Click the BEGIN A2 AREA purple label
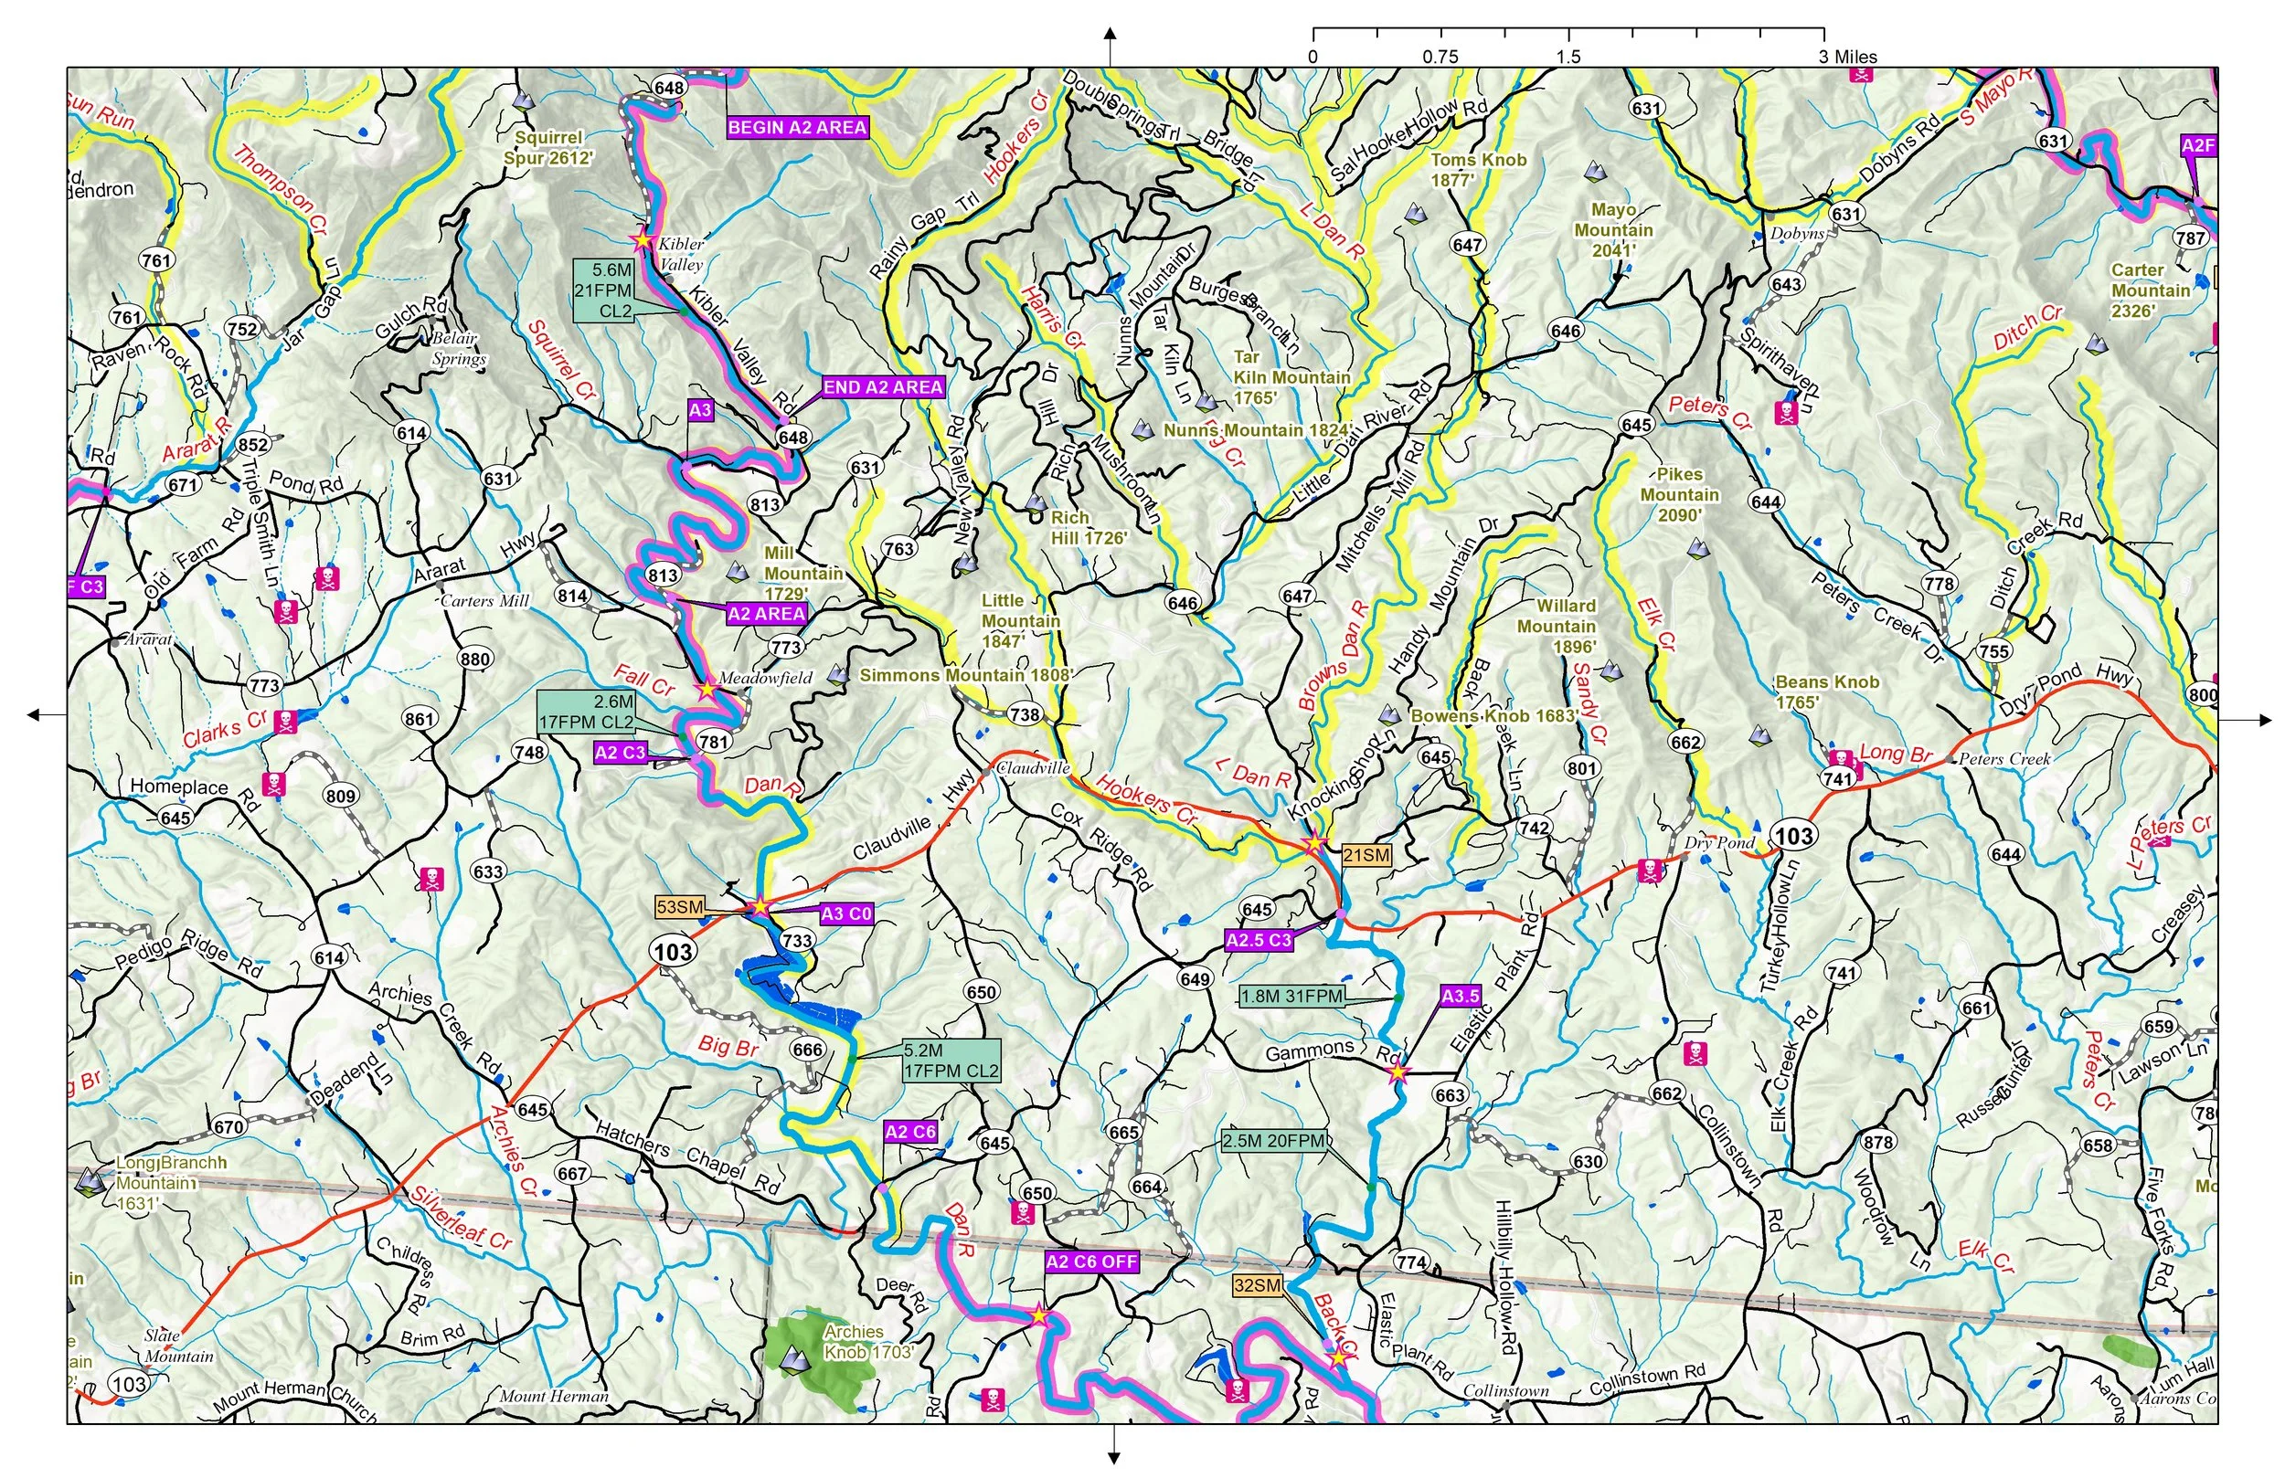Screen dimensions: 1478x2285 (x=797, y=128)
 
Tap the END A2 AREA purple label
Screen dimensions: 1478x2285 (x=882, y=386)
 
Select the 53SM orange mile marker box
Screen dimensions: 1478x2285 (x=680, y=907)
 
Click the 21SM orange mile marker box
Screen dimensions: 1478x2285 (x=1366, y=855)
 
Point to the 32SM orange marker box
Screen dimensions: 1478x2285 (x=1257, y=1285)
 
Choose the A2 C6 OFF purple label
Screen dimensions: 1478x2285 (x=1091, y=1262)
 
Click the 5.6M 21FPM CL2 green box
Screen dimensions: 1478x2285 (x=604, y=290)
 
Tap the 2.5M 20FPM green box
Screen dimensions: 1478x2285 (x=1273, y=1141)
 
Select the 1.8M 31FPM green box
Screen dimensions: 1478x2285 (x=1291, y=997)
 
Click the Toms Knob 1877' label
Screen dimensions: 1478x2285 (x=1478, y=170)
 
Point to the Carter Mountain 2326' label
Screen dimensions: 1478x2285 (x=2150, y=290)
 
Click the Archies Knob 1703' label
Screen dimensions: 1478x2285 (x=867, y=1342)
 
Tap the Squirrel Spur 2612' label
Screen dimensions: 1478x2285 (x=548, y=148)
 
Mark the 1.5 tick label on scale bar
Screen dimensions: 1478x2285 (x=1568, y=57)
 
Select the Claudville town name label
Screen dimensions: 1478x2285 (x=1033, y=768)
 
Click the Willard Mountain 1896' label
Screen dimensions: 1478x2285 (x=1566, y=626)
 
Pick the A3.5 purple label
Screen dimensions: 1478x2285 (x=1460, y=997)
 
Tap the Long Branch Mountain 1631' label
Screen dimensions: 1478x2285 (x=158, y=1182)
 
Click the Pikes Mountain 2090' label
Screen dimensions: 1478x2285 (x=1679, y=494)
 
